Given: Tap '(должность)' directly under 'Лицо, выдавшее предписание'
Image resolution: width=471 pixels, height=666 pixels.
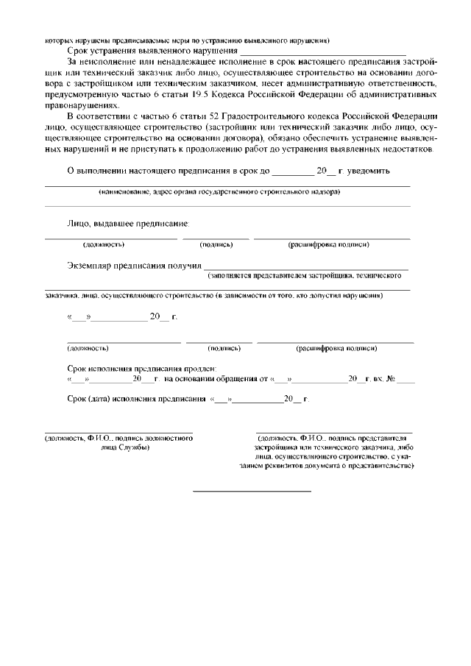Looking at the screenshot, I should pos(103,244).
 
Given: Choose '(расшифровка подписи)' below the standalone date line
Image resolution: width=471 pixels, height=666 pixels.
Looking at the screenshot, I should pos(336,348).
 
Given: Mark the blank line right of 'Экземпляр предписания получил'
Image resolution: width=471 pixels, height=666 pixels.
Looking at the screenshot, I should pos(305,269).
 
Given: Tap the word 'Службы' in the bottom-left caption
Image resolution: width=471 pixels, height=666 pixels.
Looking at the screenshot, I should pos(136,447).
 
